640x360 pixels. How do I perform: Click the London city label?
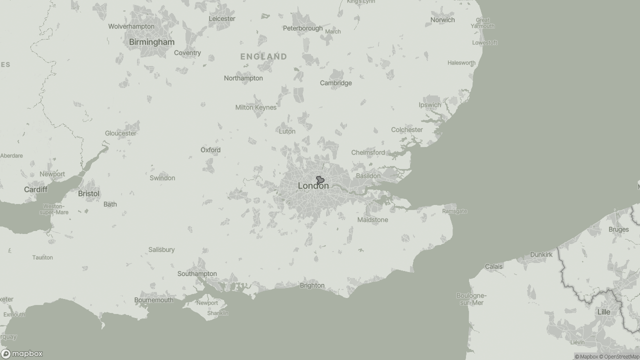pos(313,186)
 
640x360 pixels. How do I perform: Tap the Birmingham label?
pos(151,42)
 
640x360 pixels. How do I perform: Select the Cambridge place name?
pos(335,83)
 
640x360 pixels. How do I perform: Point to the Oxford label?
pos(210,150)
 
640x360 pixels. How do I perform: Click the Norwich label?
pos(442,20)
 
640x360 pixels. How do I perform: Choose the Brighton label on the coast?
pos(312,285)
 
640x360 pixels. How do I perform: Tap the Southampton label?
pos(197,273)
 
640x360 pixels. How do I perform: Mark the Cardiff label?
pos(35,189)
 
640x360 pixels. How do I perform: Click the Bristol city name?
pos(88,193)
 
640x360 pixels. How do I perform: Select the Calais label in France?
pos(493,266)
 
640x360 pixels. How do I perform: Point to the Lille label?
pos(604,312)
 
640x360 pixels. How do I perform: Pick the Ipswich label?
pos(430,105)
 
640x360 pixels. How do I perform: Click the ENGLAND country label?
pos(263,56)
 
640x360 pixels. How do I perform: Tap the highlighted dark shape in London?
pos(320,180)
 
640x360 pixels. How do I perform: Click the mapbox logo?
pos(22,353)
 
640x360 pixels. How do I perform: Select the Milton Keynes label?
pos(255,107)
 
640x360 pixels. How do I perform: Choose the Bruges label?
pos(618,229)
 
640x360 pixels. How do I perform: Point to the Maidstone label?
pos(372,220)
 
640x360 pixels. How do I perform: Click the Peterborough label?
pos(302,28)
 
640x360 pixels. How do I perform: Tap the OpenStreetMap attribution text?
pos(621,356)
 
